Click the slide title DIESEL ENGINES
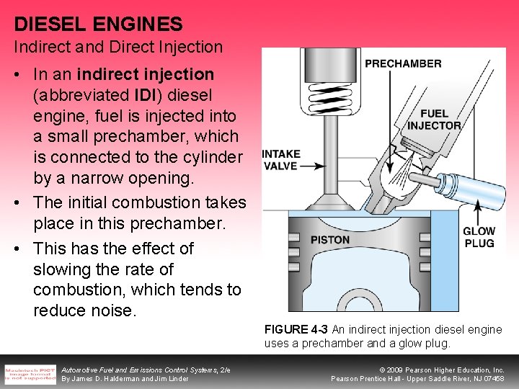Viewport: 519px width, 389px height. pos(98,24)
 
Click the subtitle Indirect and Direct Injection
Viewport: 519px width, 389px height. pos(118,48)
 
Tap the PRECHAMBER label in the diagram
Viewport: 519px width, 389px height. pos(403,63)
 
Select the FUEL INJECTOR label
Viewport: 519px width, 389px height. pos(434,119)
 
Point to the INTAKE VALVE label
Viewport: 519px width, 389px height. pos(281,159)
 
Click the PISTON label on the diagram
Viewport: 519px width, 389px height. pos(329,240)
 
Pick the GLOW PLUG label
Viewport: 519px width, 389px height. pos(479,237)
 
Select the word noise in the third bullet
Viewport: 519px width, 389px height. pos(112,310)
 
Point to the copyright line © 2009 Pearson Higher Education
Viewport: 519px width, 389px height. pos(440,370)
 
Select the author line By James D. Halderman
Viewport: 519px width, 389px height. pos(125,379)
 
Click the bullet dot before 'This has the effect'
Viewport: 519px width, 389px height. pos(17,249)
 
